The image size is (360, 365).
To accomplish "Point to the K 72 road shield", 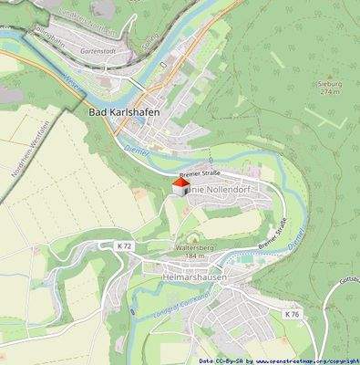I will (x=125, y=246).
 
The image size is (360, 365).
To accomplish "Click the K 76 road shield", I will (x=291, y=314).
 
